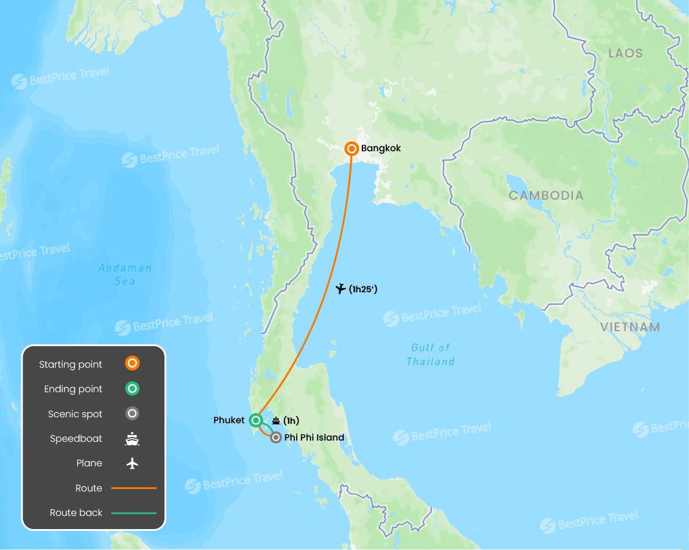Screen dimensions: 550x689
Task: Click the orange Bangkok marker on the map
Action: [x=352, y=149]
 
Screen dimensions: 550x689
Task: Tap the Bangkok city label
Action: [x=381, y=148]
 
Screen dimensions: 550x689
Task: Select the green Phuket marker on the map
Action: [x=256, y=420]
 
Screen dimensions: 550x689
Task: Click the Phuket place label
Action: [x=229, y=420]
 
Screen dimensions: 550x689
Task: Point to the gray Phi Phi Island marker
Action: [x=276, y=438]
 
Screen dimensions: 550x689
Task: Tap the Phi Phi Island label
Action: [x=314, y=438]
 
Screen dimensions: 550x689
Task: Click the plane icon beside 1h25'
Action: [x=340, y=289]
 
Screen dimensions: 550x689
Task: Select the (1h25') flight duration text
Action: [x=363, y=289]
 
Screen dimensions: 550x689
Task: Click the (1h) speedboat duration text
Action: [x=291, y=421]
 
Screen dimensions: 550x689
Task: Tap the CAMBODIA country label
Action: [x=546, y=195]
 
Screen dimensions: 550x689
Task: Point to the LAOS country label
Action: [x=626, y=53]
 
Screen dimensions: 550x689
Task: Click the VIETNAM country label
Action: [x=630, y=327]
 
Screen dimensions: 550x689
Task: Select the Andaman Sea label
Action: [x=125, y=274]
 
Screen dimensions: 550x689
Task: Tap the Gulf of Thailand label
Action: [x=431, y=355]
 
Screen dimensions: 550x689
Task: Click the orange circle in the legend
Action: [x=132, y=363]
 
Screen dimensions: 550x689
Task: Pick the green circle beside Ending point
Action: [x=132, y=389]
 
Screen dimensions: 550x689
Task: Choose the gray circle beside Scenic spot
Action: [x=132, y=414]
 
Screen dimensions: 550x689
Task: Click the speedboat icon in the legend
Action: [x=132, y=439]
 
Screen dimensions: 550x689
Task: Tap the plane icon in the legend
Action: [x=132, y=463]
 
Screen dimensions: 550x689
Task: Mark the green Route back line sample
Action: [x=134, y=513]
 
